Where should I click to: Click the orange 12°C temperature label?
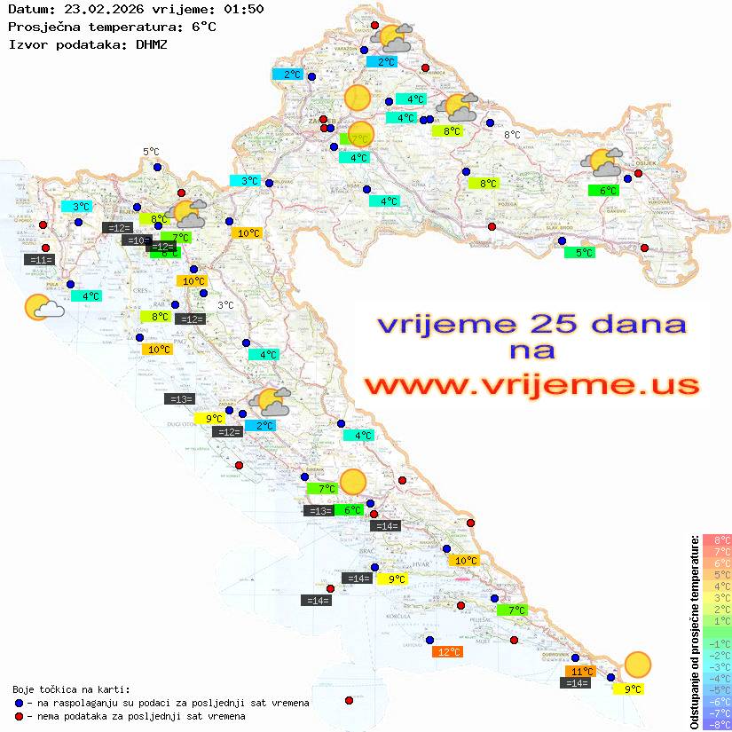[448, 652]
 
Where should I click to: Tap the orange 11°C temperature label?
[581, 672]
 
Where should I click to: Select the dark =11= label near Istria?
[41, 260]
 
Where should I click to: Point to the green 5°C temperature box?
[580, 253]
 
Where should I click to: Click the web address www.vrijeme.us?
[531, 386]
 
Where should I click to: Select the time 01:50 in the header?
[243, 9]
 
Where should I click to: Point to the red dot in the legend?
[20, 715]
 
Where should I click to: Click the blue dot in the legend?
[20, 703]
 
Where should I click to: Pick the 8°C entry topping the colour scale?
[716, 539]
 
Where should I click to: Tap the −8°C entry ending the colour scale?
[716, 724]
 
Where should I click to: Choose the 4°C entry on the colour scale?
[716, 586]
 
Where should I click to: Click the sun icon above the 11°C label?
[637, 664]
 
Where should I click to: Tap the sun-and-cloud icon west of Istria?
[42, 308]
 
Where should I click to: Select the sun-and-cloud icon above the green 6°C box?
[602, 163]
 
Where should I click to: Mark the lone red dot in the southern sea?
[349, 701]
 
